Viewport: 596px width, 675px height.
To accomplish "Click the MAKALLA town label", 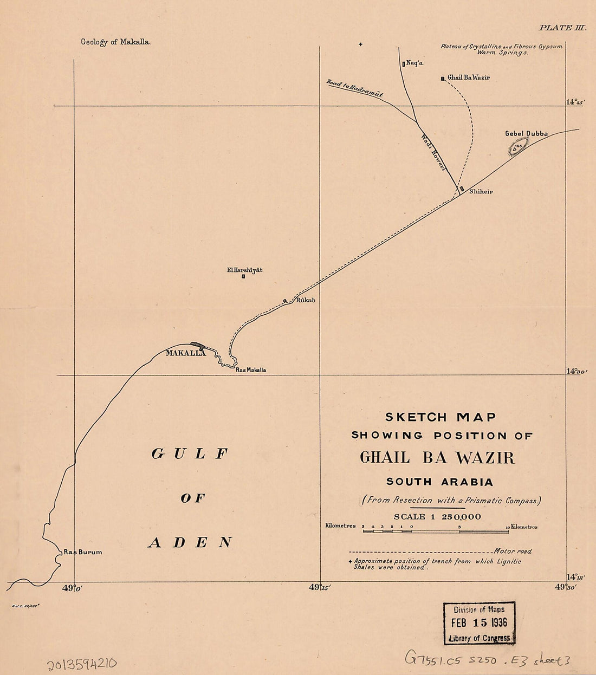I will tap(185, 353).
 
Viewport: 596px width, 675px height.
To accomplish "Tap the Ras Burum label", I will tap(82, 553).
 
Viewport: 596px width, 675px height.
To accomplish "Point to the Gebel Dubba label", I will tap(526, 133).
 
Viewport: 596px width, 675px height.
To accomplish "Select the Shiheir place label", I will tap(481, 192).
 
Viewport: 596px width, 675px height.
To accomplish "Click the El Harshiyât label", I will tap(244, 270).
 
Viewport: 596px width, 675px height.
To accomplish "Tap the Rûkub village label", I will tap(305, 300).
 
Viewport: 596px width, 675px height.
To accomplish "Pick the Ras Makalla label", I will tap(251, 370).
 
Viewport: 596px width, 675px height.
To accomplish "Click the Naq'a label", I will tap(414, 63).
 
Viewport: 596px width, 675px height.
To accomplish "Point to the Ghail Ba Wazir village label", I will tap(469, 78).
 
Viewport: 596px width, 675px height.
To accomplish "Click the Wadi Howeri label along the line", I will tap(433, 153).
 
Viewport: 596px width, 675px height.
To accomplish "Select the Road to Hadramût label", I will tap(355, 89).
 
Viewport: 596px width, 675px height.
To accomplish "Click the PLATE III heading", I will tap(562, 28).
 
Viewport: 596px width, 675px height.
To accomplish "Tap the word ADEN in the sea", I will tap(190, 542).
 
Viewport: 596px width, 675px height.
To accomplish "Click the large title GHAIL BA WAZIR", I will tap(437, 458).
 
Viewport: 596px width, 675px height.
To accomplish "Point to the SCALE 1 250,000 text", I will tap(437, 516).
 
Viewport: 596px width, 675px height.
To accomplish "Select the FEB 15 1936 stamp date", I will tap(479, 623).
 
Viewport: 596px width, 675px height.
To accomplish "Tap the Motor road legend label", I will tap(513, 551).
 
